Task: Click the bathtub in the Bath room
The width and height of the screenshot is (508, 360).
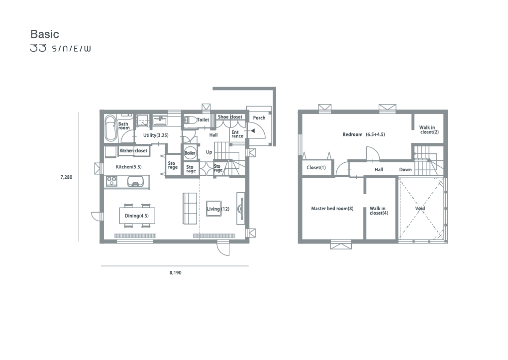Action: pos(110,128)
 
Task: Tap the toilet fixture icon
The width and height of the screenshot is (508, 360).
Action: pos(190,120)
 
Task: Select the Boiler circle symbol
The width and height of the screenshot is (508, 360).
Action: pos(190,153)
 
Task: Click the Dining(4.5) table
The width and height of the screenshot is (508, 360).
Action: pos(137,216)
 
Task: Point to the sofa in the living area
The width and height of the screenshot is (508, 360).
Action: pos(190,209)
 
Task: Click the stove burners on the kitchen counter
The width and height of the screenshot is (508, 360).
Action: pos(111,181)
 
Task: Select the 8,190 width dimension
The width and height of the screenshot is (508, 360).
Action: pos(175,273)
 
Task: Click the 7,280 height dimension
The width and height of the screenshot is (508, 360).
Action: pos(66,177)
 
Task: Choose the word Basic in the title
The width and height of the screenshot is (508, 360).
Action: pos(45,34)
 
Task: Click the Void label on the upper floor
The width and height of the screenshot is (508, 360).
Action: pos(420,209)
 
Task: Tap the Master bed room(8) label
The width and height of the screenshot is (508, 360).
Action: pos(332,209)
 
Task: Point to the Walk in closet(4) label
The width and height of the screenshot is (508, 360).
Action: pos(379,211)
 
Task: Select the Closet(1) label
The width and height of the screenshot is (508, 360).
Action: pos(316,168)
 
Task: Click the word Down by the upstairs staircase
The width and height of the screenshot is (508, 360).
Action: pos(406,170)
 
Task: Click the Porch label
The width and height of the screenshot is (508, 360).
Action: pos(259,118)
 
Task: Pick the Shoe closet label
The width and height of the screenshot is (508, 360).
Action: pos(230,117)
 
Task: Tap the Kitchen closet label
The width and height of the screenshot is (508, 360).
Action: pos(133,150)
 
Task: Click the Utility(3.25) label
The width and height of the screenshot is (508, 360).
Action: pos(156,135)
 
